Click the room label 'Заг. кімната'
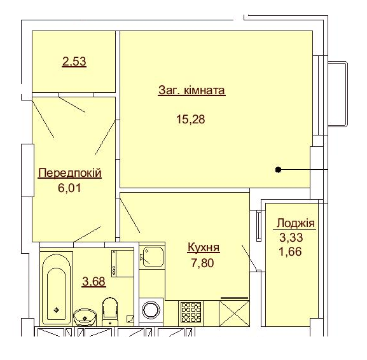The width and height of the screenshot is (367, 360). pyautogui.click(x=191, y=90)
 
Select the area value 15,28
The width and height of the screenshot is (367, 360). pyautogui.click(x=191, y=119)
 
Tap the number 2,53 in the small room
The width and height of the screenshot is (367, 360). pyautogui.click(x=74, y=62)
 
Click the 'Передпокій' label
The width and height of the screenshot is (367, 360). pyautogui.click(x=70, y=173)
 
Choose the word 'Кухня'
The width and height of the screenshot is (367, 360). pyautogui.click(x=204, y=247)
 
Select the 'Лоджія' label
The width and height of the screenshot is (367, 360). pyautogui.click(x=294, y=224)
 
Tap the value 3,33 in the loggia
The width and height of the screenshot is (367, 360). pyautogui.click(x=291, y=238)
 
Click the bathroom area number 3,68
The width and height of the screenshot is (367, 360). pyautogui.click(x=92, y=280)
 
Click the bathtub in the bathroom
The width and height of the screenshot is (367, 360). pyautogui.click(x=57, y=288)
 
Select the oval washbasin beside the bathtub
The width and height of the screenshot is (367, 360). pyautogui.click(x=83, y=315)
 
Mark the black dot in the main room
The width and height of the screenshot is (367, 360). pyautogui.click(x=279, y=170)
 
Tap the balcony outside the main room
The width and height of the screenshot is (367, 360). pyautogui.click(x=337, y=94)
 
